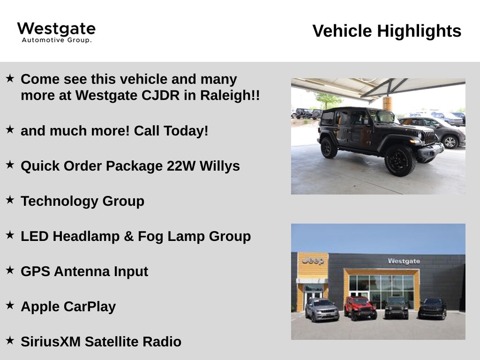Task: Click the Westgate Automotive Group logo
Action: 56,32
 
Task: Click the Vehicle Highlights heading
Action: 387,31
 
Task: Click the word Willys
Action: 220,166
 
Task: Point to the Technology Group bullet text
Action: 82,202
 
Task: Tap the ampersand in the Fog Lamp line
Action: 129,236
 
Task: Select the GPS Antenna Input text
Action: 84,271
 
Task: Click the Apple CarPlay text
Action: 68,307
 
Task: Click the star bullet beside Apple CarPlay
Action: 10,305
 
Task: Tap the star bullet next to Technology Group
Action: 10,200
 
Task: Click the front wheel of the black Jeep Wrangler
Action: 400,160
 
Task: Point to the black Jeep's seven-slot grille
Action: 429,137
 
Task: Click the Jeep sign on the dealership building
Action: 313,261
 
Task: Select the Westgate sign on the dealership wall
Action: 404,261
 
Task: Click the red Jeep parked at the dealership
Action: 360,308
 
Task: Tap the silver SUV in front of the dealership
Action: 322,310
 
